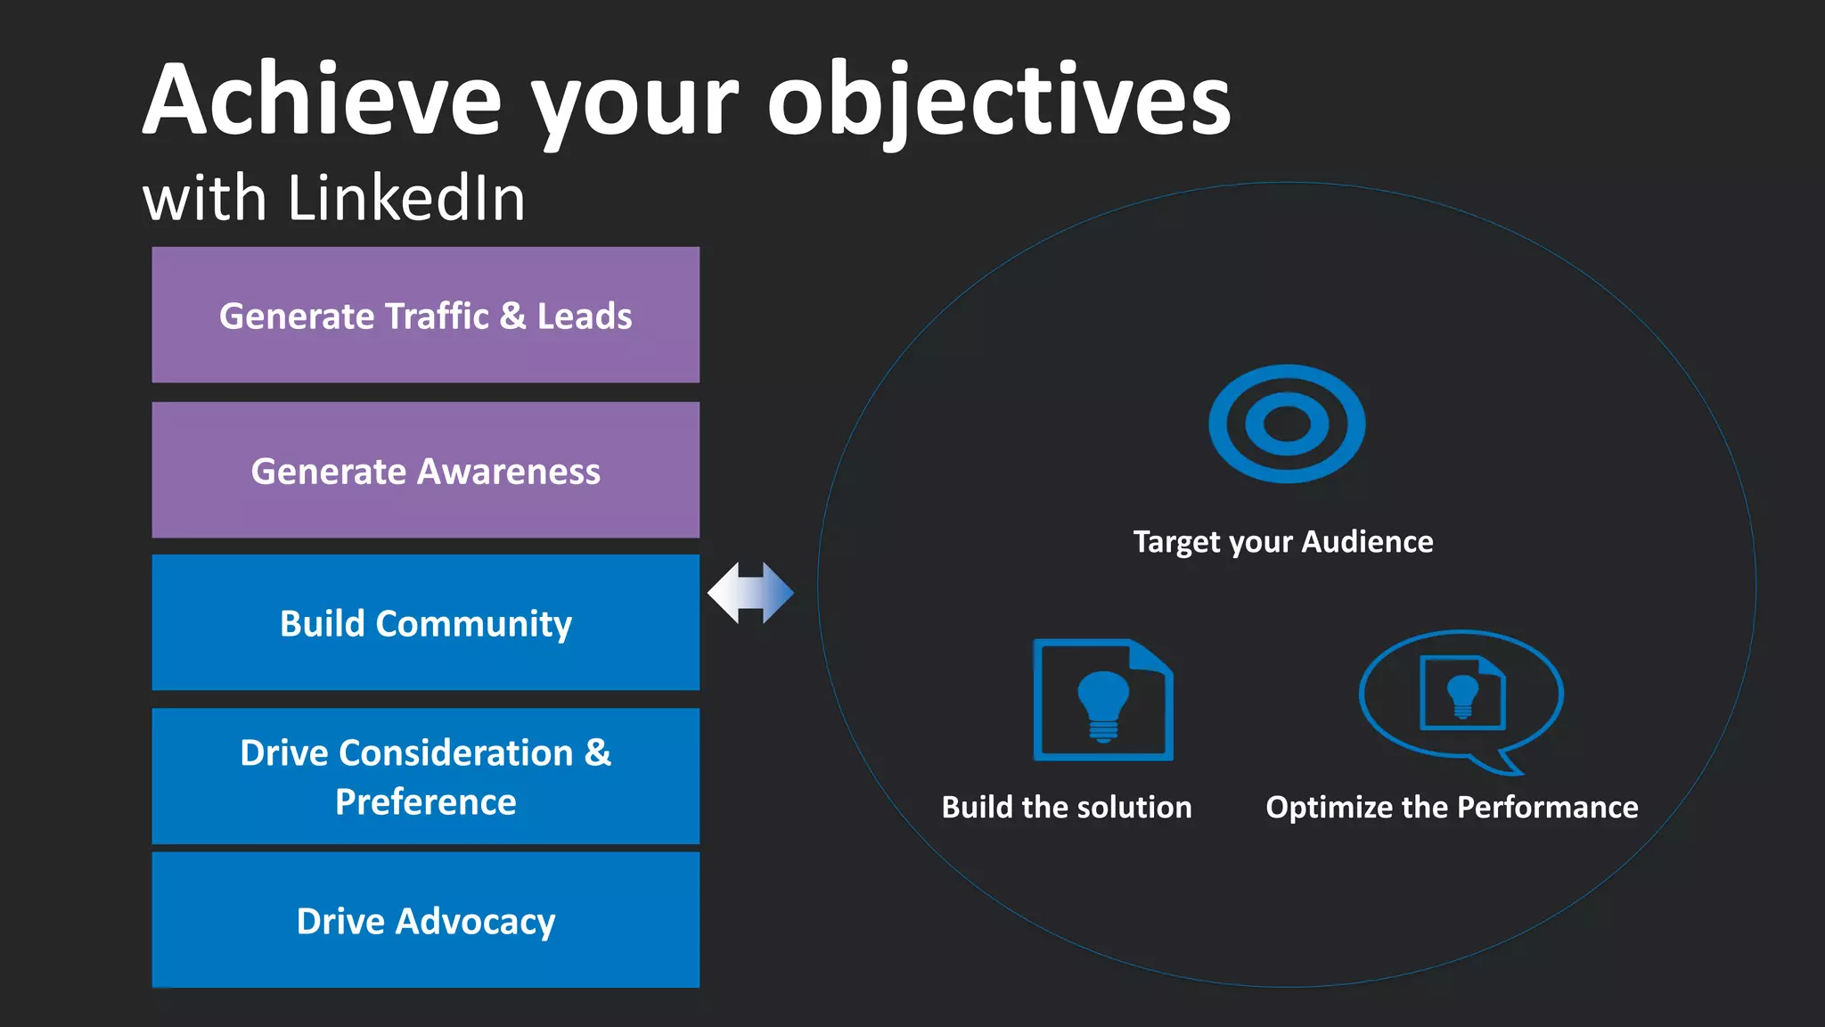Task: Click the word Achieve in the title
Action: point(321,100)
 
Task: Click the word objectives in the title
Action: point(998,100)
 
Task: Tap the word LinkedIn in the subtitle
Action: point(406,198)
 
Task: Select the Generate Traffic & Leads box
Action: point(425,315)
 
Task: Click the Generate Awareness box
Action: point(425,470)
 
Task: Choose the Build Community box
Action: point(425,622)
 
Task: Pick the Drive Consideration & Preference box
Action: point(425,776)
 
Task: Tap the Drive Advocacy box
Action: point(425,920)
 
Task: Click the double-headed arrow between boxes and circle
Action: point(750,593)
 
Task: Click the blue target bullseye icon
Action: point(1286,423)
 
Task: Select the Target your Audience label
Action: point(1283,541)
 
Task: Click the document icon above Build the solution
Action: point(1103,700)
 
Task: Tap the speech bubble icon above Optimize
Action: point(1461,700)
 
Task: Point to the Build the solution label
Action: point(1067,807)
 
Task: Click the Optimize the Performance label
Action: point(1452,807)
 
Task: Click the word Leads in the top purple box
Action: point(584,316)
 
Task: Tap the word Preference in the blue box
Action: point(425,801)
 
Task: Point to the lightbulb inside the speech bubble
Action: point(1462,694)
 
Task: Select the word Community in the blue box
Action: point(473,623)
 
